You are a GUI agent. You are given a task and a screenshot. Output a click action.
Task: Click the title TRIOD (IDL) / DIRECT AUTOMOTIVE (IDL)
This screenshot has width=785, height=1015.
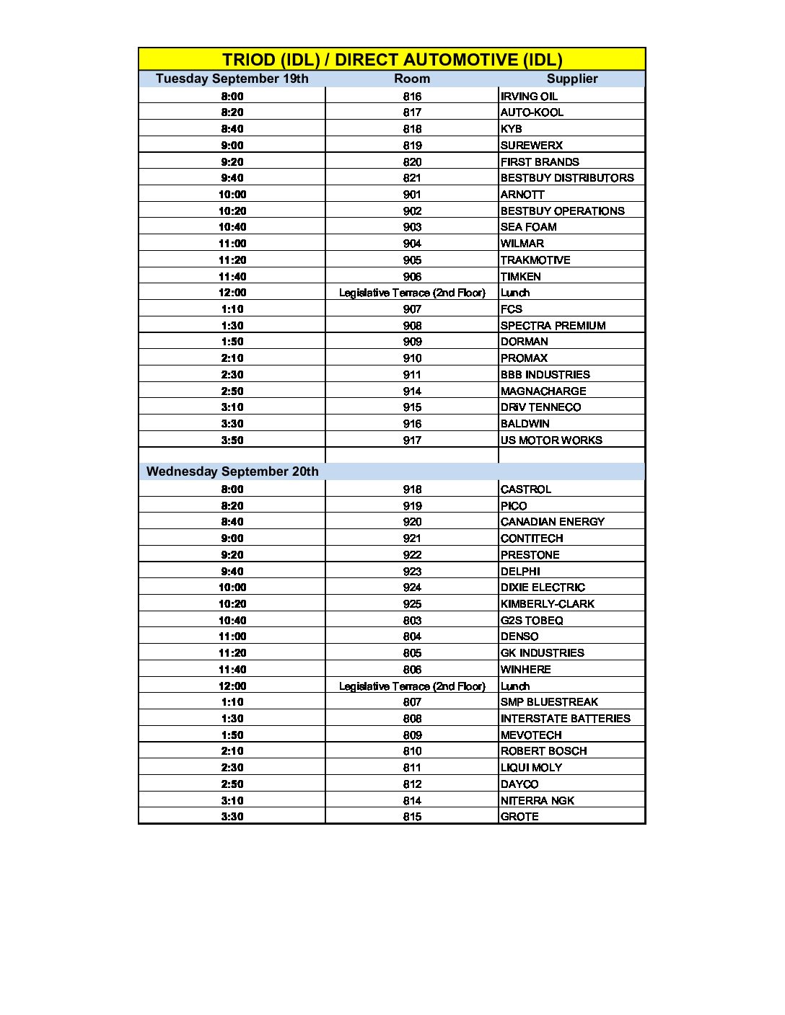392,60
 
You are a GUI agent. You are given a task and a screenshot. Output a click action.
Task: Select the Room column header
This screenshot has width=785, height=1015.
412,79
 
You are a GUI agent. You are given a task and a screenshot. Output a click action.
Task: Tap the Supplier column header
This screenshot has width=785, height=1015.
572,79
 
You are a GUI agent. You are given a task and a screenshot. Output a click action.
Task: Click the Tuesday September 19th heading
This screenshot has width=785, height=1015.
232,79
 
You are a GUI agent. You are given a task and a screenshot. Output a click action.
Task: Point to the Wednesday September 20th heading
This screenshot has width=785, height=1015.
232,471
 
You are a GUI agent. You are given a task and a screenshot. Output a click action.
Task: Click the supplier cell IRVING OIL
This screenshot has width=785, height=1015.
529,96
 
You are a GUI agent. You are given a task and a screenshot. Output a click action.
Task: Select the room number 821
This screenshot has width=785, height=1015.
412,178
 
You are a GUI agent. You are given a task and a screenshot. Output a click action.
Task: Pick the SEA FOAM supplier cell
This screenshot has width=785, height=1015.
529,227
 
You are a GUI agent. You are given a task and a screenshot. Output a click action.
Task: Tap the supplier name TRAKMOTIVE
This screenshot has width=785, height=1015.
535,260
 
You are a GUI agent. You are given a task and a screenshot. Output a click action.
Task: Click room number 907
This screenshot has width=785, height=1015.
412,309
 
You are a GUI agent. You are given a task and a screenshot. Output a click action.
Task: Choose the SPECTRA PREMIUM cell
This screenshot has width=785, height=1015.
553,326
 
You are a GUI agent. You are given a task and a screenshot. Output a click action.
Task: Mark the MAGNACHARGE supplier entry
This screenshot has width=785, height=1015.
543,391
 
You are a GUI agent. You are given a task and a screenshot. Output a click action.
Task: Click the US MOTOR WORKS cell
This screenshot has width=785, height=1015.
551,440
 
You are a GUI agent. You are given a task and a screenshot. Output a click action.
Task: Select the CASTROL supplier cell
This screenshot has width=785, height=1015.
526,489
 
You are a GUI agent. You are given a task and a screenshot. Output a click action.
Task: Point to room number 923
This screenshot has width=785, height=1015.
412,572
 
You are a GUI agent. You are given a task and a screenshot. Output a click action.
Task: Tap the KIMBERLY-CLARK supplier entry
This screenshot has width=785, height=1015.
548,604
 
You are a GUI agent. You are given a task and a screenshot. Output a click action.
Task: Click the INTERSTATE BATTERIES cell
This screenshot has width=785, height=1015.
566,719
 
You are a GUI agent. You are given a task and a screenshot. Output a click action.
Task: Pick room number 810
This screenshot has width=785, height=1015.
412,751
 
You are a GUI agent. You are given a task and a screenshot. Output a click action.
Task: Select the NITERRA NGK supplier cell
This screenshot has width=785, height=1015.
538,801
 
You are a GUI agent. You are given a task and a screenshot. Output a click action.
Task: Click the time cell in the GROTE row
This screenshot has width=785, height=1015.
232,817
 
